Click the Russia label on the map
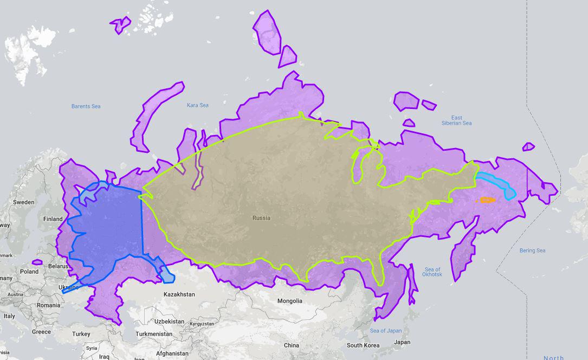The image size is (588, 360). [261, 218]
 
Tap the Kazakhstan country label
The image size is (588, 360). [179, 294]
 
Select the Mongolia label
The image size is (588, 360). [289, 301]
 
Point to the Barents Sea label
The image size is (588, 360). [86, 106]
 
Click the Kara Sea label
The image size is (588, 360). [197, 105]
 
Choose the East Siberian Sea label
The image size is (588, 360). [456, 120]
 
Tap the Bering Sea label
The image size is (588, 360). [532, 250]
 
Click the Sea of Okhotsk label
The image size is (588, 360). [433, 272]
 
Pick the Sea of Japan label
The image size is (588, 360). [386, 331]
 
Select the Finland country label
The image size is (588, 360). [53, 219]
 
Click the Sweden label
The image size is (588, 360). [24, 202]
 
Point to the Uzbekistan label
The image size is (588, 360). [170, 322]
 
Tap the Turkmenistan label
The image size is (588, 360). [153, 334]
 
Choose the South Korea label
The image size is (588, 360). [363, 345]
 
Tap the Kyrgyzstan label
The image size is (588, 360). [203, 324]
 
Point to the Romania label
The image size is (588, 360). [48, 305]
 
